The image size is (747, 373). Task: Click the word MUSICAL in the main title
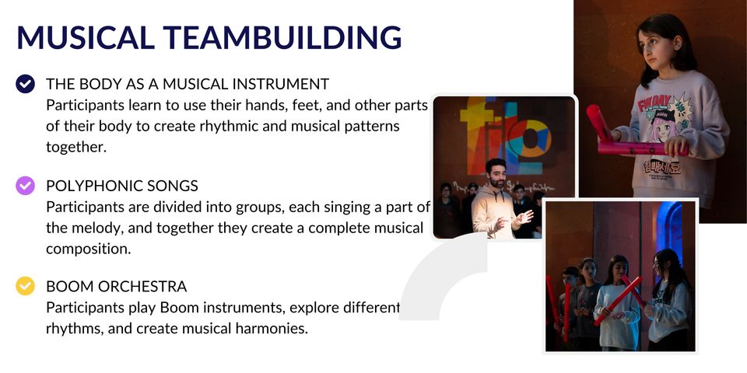(x=86, y=37)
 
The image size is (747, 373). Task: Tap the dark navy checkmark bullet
(x=25, y=84)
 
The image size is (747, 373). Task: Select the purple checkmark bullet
(x=25, y=186)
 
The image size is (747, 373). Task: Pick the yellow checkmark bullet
(x=25, y=287)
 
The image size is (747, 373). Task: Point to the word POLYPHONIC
(x=89, y=186)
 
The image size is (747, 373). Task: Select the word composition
(x=89, y=249)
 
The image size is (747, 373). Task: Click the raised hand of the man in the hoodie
(x=524, y=218)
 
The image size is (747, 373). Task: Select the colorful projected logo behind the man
(x=505, y=135)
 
